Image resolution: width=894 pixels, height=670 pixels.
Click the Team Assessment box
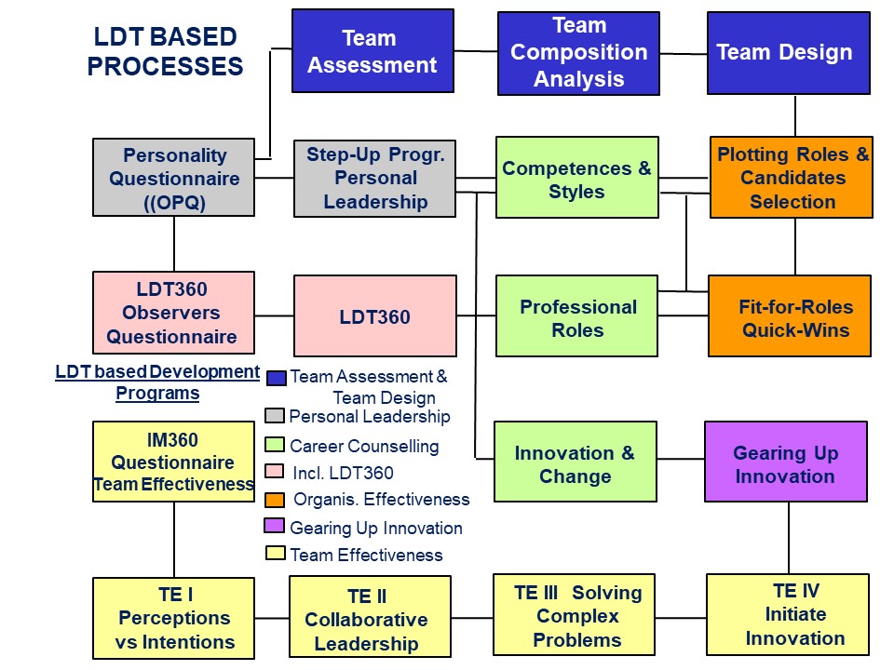[x=372, y=50]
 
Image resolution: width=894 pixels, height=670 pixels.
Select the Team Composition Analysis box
[x=578, y=53]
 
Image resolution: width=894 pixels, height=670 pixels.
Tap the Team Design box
[x=789, y=53]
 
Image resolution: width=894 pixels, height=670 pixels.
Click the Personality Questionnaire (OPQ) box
[x=174, y=177]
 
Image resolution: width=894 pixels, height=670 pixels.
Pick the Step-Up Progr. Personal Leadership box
[x=374, y=179]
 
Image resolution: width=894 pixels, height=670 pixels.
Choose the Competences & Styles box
[x=577, y=177]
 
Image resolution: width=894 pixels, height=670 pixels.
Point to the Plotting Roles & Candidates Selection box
[x=792, y=177]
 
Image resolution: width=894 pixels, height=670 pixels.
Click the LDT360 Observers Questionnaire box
[x=174, y=313]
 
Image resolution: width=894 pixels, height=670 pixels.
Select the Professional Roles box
[x=577, y=316]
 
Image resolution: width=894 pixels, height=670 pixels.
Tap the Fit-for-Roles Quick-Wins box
[x=790, y=316]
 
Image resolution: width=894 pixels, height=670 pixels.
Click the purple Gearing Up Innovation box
[x=786, y=462]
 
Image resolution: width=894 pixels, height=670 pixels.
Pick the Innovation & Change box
[x=576, y=462]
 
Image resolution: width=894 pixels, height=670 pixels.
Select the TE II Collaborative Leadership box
[x=370, y=616]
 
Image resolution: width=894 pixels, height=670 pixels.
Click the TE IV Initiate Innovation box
[x=788, y=615]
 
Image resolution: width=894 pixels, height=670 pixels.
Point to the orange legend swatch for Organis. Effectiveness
[x=275, y=501]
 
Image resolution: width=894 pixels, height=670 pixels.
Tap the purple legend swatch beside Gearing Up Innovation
[x=274, y=526]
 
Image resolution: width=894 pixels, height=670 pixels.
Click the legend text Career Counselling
[x=364, y=446]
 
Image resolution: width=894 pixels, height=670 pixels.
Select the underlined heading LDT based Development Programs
[x=157, y=382]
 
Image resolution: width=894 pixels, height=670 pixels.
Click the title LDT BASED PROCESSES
[x=166, y=51]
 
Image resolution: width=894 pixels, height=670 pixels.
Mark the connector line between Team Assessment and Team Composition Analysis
[x=476, y=52]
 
